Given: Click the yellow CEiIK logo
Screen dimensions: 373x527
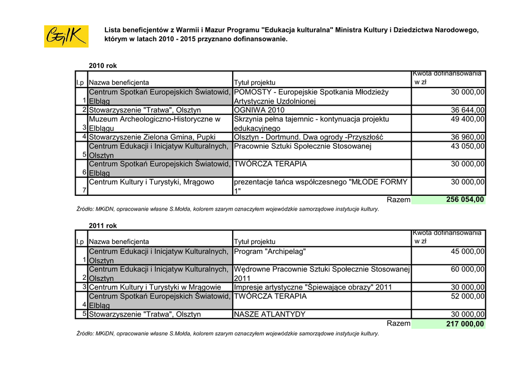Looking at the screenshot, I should coord(66,36).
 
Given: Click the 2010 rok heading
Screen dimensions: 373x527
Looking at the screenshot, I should coord(103,66).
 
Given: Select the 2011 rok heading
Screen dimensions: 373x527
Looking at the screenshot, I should coord(103,226).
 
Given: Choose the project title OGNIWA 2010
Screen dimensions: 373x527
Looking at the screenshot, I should coord(259,110).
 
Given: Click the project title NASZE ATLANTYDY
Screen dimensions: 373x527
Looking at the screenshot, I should coord(270,314).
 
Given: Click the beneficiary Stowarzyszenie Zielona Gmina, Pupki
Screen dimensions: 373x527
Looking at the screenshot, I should coord(152,137).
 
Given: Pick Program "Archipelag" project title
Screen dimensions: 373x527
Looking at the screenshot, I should coord(270,252).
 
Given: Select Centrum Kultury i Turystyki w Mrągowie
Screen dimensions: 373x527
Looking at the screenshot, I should coord(155,287).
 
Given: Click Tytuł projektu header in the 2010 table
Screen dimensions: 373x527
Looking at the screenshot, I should coord(255,82).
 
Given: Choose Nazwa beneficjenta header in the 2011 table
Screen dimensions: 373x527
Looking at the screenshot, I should coord(119,242).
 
